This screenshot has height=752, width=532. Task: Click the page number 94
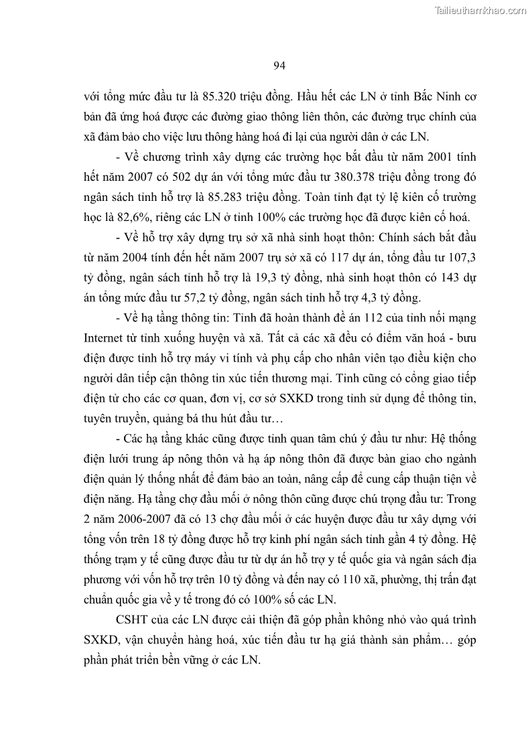coord(280,65)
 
